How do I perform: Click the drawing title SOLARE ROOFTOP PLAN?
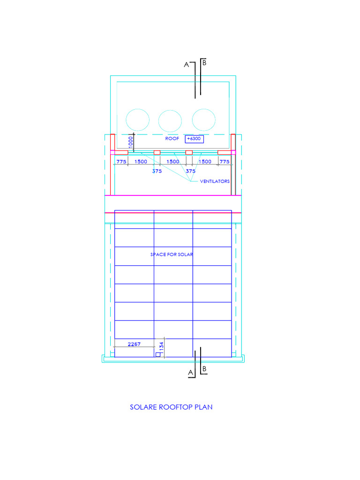click(171, 407)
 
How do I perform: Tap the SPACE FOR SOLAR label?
click(172, 254)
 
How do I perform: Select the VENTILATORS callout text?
click(215, 181)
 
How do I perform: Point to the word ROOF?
click(172, 139)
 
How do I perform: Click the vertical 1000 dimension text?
click(131, 141)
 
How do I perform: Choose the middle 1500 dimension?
click(173, 161)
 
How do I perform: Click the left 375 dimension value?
click(157, 171)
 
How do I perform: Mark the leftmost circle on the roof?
click(138, 120)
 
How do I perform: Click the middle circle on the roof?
click(170, 120)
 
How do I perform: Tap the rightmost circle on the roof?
click(203, 120)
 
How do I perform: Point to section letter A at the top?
click(186, 65)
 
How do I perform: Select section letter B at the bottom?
click(204, 369)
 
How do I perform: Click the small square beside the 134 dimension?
click(158, 355)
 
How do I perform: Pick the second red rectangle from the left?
click(157, 152)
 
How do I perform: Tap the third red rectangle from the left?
click(189, 152)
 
